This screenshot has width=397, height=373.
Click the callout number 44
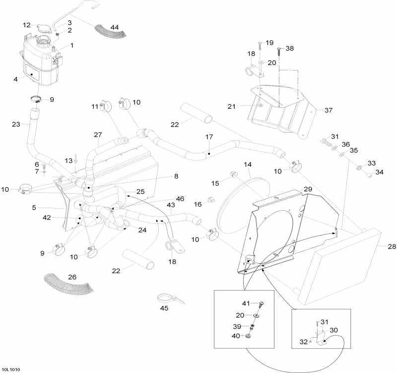[x=115, y=26]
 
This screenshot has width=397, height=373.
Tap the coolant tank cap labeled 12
[x=42, y=26]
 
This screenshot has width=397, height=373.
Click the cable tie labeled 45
[x=167, y=299]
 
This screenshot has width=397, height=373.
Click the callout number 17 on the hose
[x=209, y=137]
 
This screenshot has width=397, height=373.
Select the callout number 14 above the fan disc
[x=248, y=164]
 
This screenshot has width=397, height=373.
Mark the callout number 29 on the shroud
[x=308, y=190]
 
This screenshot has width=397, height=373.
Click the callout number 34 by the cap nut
[x=379, y=172]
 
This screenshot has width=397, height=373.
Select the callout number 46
[x=180, y=199]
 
